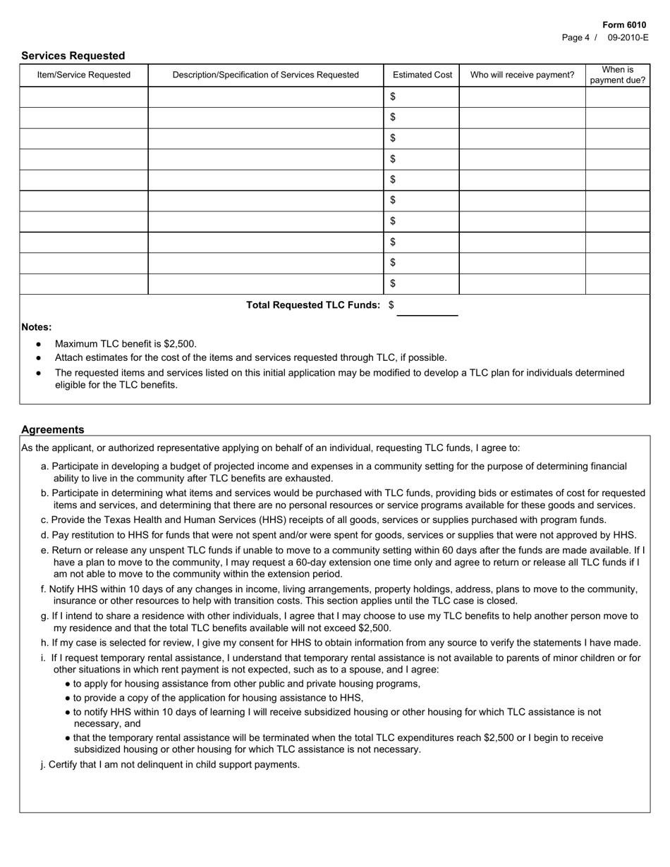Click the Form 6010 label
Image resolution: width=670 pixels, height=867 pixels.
[623, 25]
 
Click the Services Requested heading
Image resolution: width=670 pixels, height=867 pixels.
[73, 56]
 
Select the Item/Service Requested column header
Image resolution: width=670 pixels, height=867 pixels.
[83, 75]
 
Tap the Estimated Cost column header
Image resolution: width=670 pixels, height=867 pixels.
[422, 75]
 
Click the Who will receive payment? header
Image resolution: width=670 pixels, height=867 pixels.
[522, 75]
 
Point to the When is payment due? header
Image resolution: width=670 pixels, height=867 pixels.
[617, 75]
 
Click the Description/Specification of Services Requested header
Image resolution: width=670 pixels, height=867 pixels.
[265, 75]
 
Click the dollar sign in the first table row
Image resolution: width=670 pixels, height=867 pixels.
[393, 96]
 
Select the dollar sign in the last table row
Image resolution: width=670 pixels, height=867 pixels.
[393, 283]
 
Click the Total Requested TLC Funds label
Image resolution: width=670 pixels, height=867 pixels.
[313, 305]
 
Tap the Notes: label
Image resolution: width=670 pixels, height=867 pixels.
[36, 327]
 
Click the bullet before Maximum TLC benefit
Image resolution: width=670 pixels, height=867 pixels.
[38, 344]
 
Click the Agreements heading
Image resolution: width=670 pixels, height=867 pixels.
[52, 429]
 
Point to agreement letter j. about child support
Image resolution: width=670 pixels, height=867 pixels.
[43, 764]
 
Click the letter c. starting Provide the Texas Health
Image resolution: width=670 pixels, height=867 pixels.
[44, 519]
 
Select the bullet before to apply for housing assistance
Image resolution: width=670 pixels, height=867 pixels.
[67, 684]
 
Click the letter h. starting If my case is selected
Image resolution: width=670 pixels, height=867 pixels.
[44, 642]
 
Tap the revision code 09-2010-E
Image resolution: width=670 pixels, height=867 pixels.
[628, 38]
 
